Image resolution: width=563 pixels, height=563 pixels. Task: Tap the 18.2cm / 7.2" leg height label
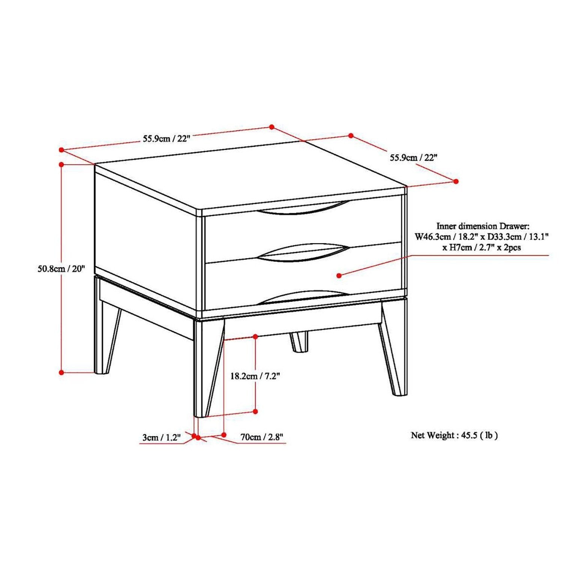[255, 376]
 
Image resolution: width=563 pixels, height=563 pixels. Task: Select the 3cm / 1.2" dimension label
[161, 437]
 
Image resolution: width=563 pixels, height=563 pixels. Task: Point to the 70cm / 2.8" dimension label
[262, 437]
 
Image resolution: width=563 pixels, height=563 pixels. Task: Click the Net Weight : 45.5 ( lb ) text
[455, 435]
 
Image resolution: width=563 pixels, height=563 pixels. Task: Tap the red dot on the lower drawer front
[339, 275]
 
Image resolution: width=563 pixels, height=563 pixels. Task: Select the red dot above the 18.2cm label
[255, 337]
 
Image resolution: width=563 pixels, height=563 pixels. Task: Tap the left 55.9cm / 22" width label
[167, 138]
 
